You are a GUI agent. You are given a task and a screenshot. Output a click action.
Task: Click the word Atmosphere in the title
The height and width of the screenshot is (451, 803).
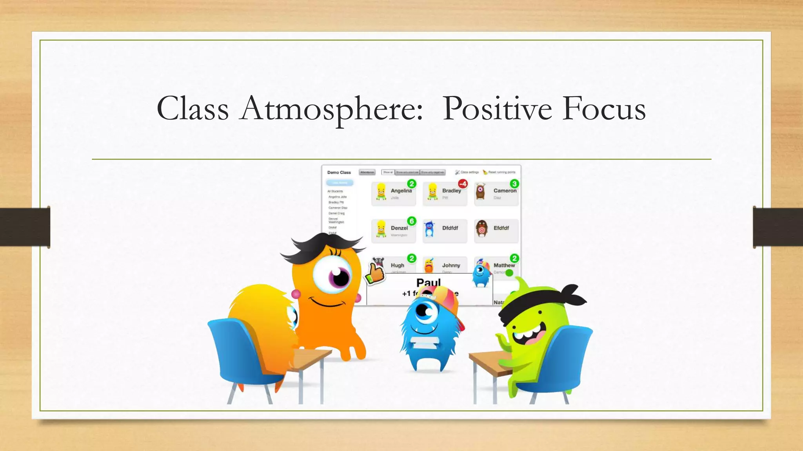(x=332, y=109)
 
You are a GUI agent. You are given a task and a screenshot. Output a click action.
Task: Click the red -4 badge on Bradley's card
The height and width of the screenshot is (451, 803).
(x=463, y=184)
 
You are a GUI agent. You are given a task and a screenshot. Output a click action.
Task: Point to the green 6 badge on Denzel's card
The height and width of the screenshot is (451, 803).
(x=411, y=221)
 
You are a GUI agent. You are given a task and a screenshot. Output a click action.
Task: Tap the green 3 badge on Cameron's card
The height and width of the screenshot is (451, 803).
(x=514, y=184)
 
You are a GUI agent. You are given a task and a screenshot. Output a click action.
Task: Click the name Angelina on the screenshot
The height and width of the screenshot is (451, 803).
(x=401, y=191)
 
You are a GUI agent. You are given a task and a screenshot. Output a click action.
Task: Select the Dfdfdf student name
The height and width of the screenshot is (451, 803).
(x=450, y=228)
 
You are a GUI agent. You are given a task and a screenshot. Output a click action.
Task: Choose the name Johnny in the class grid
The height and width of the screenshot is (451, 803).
(x=451, y=265)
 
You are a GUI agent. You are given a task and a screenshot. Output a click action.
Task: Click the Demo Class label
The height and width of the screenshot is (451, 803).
(x=339, y=172)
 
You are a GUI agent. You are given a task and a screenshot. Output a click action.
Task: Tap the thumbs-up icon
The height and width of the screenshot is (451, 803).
(x=375, y=273)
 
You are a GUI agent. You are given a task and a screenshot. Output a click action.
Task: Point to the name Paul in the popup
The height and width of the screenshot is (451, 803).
(x=428, y=282)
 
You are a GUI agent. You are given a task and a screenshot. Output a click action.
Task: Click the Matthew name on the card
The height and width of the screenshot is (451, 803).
(x=503, y=265)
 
